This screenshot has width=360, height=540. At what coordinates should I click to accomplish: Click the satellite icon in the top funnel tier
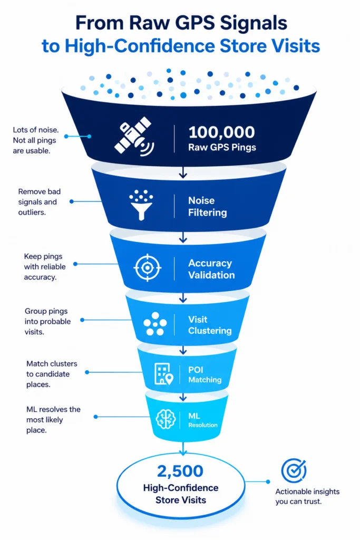point(134,137)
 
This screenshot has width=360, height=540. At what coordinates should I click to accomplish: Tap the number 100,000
point(222,132)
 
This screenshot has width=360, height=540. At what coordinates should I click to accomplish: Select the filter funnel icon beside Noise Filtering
point(141,205)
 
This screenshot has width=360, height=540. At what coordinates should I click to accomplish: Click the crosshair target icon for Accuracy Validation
point(147,267)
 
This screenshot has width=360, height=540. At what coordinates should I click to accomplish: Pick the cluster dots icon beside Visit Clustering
point(155,324)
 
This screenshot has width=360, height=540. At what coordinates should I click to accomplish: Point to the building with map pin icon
point(164,374)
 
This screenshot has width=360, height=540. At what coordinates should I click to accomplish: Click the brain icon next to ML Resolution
point(166,419)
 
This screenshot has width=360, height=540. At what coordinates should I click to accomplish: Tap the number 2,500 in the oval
point(180,471)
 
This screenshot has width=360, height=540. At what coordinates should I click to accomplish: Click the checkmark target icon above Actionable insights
point(294,470)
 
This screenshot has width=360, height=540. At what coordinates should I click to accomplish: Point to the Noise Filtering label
point(207,206)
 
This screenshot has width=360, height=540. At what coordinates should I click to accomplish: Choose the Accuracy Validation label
point(211,269)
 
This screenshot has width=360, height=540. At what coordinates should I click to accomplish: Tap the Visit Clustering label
point(210,325)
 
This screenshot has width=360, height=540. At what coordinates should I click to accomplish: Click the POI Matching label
point(205,374)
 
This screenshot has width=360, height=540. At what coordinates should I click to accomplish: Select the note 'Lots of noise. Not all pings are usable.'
point(36,140)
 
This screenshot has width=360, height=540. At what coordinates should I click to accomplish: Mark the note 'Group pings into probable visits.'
point(47,321)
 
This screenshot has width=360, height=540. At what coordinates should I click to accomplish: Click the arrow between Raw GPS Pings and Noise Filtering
point(183,172)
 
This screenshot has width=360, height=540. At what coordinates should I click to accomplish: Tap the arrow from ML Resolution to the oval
point(183,448)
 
